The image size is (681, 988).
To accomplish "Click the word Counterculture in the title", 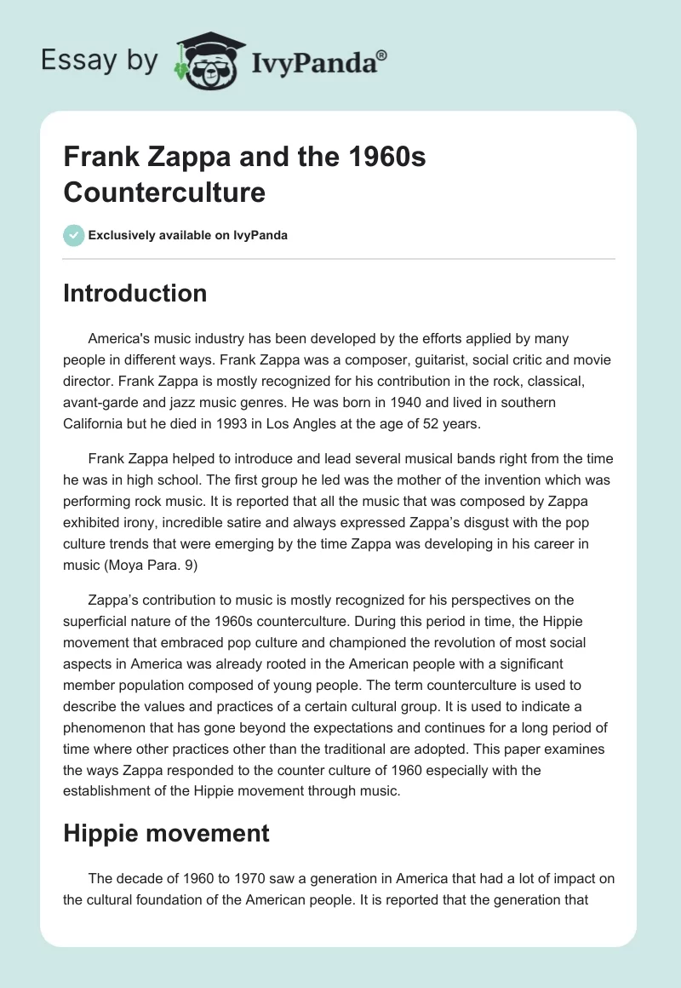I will (x=164, y=192).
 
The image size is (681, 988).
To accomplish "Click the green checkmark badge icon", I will (x=74, y=235).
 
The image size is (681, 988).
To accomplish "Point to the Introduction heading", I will (x=135, y=293).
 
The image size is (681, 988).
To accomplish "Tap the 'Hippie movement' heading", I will (x=166, y=833).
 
